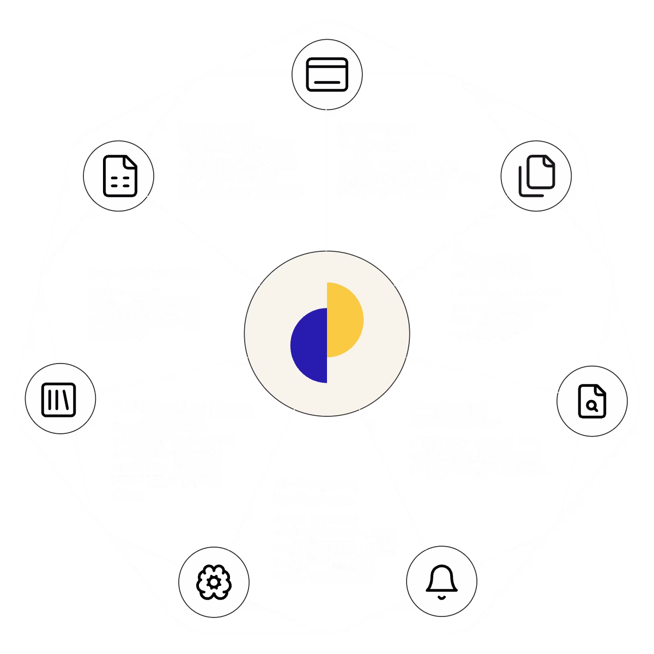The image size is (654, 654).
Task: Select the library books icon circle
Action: pos(59,399)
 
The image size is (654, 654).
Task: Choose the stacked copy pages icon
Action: pos(536,175)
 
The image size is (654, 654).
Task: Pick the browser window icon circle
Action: pos(327,75)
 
